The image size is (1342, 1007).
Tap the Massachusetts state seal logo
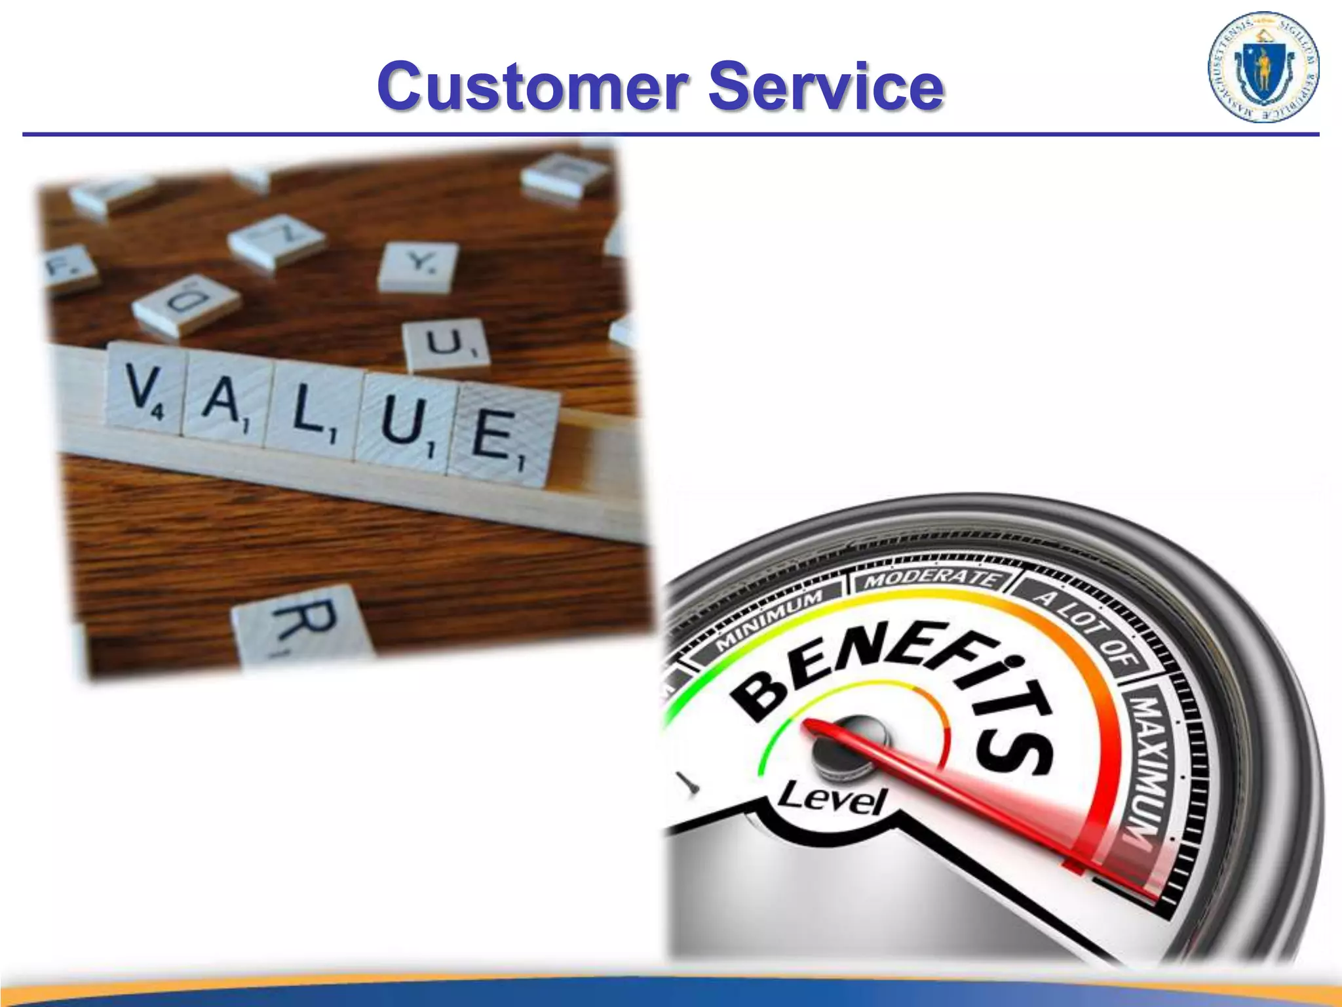coord(1263,68)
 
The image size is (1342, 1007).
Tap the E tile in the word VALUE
coord(501,433)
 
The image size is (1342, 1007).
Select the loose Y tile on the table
coord(418,266)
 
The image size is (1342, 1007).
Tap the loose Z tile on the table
coord(277,240)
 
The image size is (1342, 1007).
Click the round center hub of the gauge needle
coord(845,747)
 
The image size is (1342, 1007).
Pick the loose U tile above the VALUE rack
coord(446,344)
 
